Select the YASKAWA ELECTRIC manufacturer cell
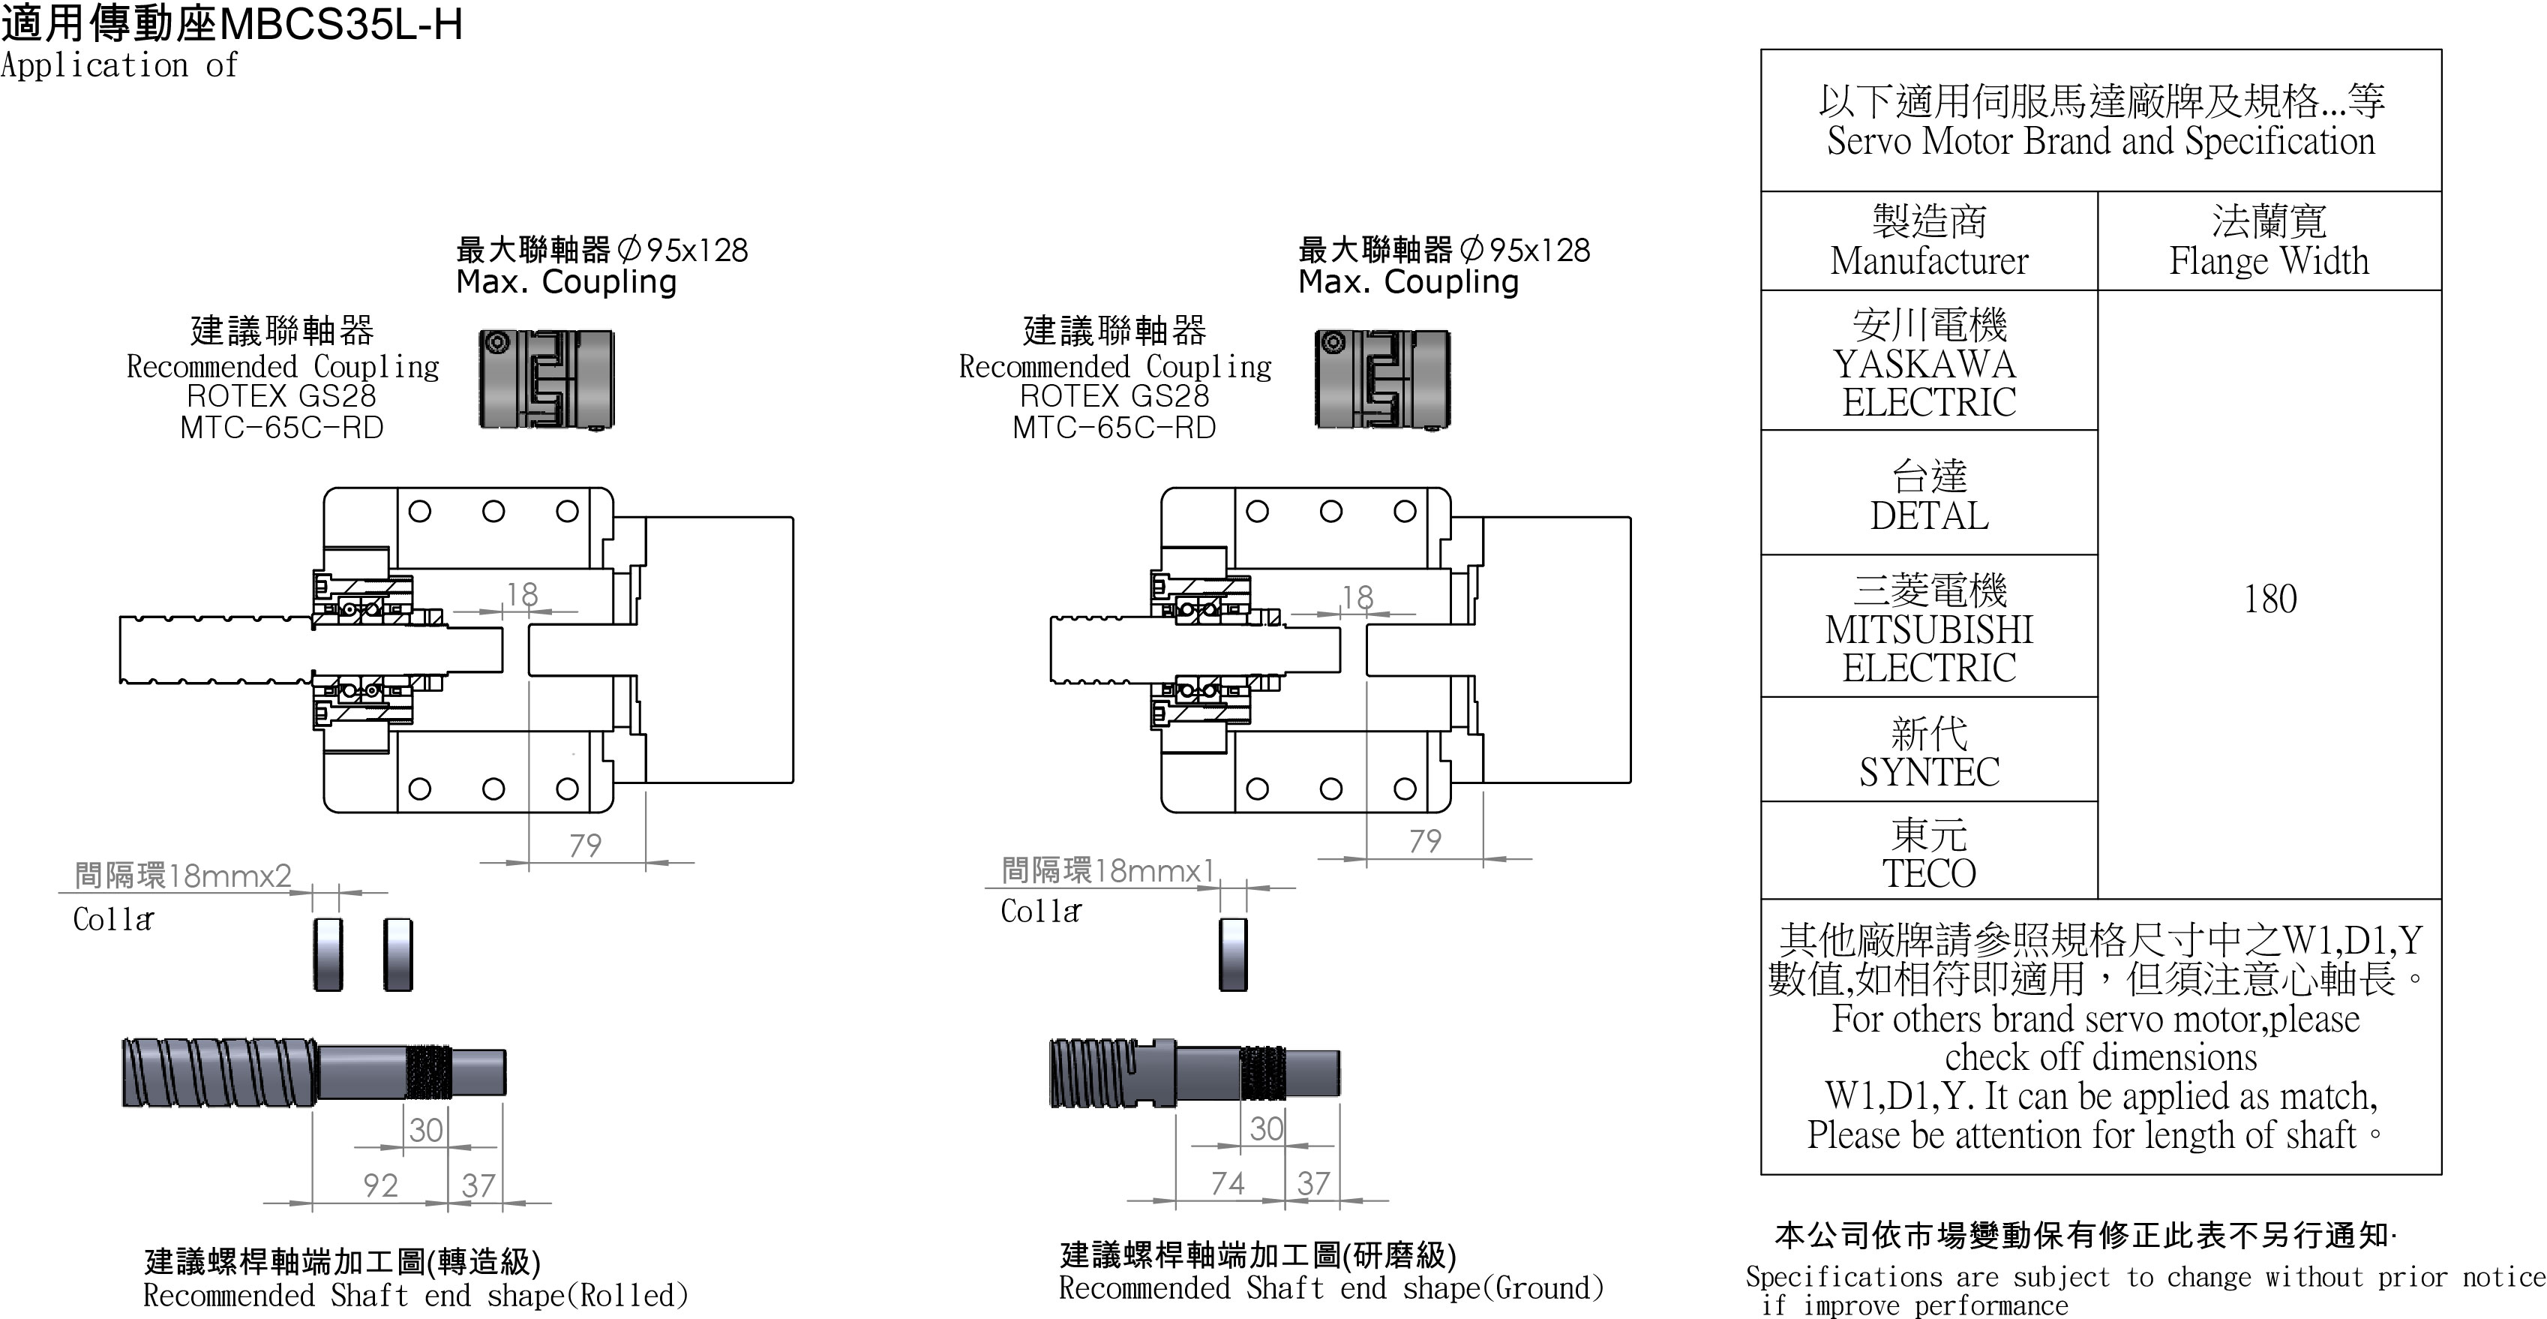click(1928, 363)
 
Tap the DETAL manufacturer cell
click(1928, 495)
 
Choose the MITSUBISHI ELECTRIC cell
click(1928, 629)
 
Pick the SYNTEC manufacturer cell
click(1928, 753)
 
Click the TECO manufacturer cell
click(1928, 853)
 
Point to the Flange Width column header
click(2269, 242)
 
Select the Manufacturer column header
click(1928, 242)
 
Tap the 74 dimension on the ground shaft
click(1228, 1182)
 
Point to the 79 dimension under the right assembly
click(1425, 841)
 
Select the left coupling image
click(547, 380)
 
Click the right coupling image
click(1382, 380)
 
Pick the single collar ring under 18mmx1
click(1233, 954)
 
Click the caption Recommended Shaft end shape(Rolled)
click(415, 1295)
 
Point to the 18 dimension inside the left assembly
click(522, 594)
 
